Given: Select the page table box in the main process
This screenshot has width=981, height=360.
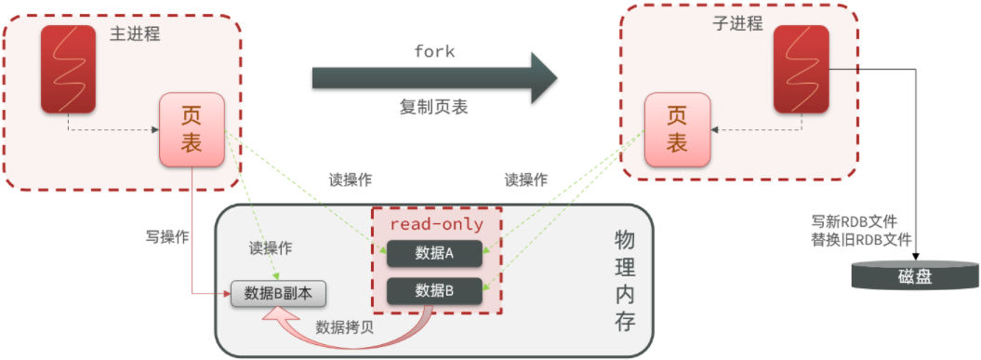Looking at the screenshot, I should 192,129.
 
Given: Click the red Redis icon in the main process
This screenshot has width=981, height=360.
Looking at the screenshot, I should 68,69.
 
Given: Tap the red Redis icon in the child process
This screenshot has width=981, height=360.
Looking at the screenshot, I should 802,69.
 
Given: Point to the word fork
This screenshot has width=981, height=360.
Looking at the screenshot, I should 434,51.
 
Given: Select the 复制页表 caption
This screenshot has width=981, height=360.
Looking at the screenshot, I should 434,107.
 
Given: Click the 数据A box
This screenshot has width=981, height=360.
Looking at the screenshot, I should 434,253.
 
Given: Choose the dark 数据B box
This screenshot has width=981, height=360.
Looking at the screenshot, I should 434,291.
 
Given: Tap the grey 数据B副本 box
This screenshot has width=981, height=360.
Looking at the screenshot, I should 278,294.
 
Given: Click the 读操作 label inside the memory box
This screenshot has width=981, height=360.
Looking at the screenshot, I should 271,248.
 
